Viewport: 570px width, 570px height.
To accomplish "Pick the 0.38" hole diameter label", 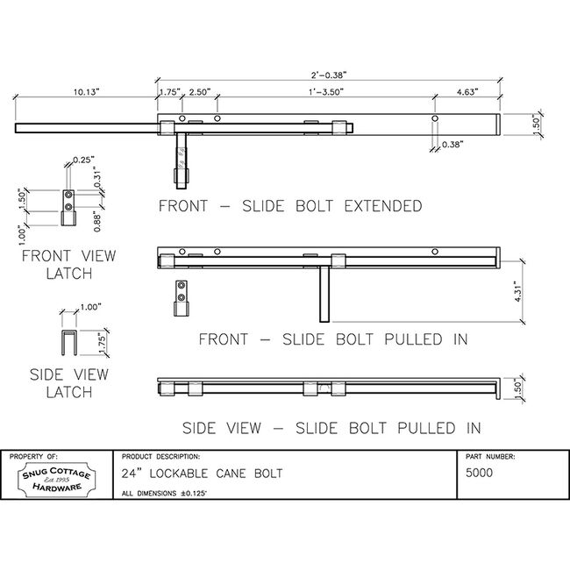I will point(453,144).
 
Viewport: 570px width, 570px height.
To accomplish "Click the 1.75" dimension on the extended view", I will point(168,90).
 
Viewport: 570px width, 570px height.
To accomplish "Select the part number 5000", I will point(480,473).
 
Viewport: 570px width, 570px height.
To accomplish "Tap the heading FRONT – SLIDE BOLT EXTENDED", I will point(289,207).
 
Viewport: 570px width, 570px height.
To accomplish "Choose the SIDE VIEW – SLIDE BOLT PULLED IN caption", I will point(331,429).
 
